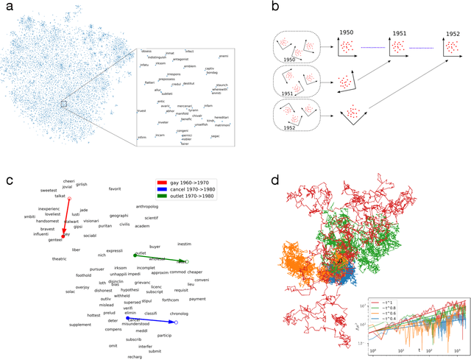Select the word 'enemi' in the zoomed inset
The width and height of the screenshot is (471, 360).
(x=224, y=56)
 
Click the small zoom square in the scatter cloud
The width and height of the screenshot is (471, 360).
(x=64, y=105)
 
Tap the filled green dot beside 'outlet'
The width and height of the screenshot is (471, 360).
(x=135, y=255)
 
